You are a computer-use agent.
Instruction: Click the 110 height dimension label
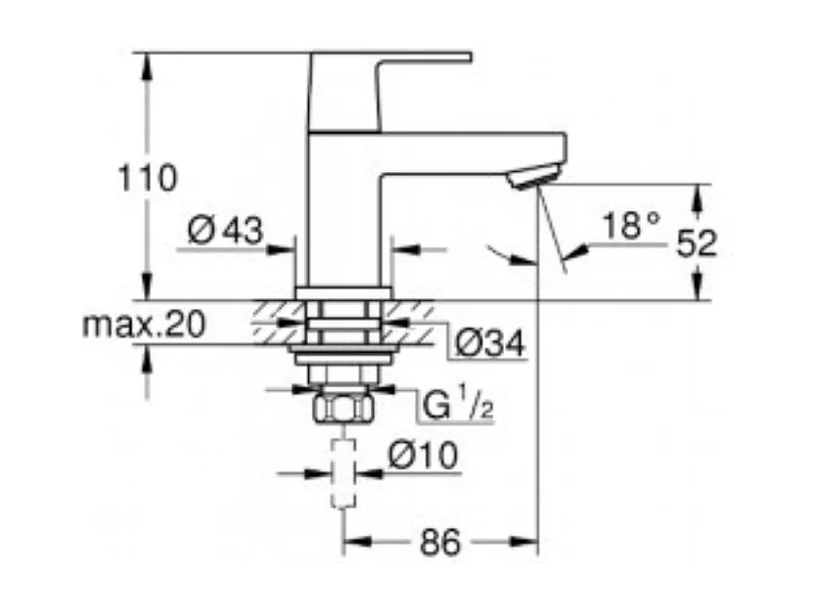[148, 178]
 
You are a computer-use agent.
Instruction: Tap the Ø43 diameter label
[225, 231]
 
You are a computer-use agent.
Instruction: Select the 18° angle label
[631, 227]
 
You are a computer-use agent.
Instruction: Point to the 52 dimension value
[697, 242]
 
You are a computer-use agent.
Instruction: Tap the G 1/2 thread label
[457, 405]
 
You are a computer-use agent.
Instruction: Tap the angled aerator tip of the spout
[532, 177]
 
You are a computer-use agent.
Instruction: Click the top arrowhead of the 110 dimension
[148, 61]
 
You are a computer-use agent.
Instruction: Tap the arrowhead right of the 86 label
[528, 539]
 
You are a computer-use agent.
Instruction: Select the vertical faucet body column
[342, 215]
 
